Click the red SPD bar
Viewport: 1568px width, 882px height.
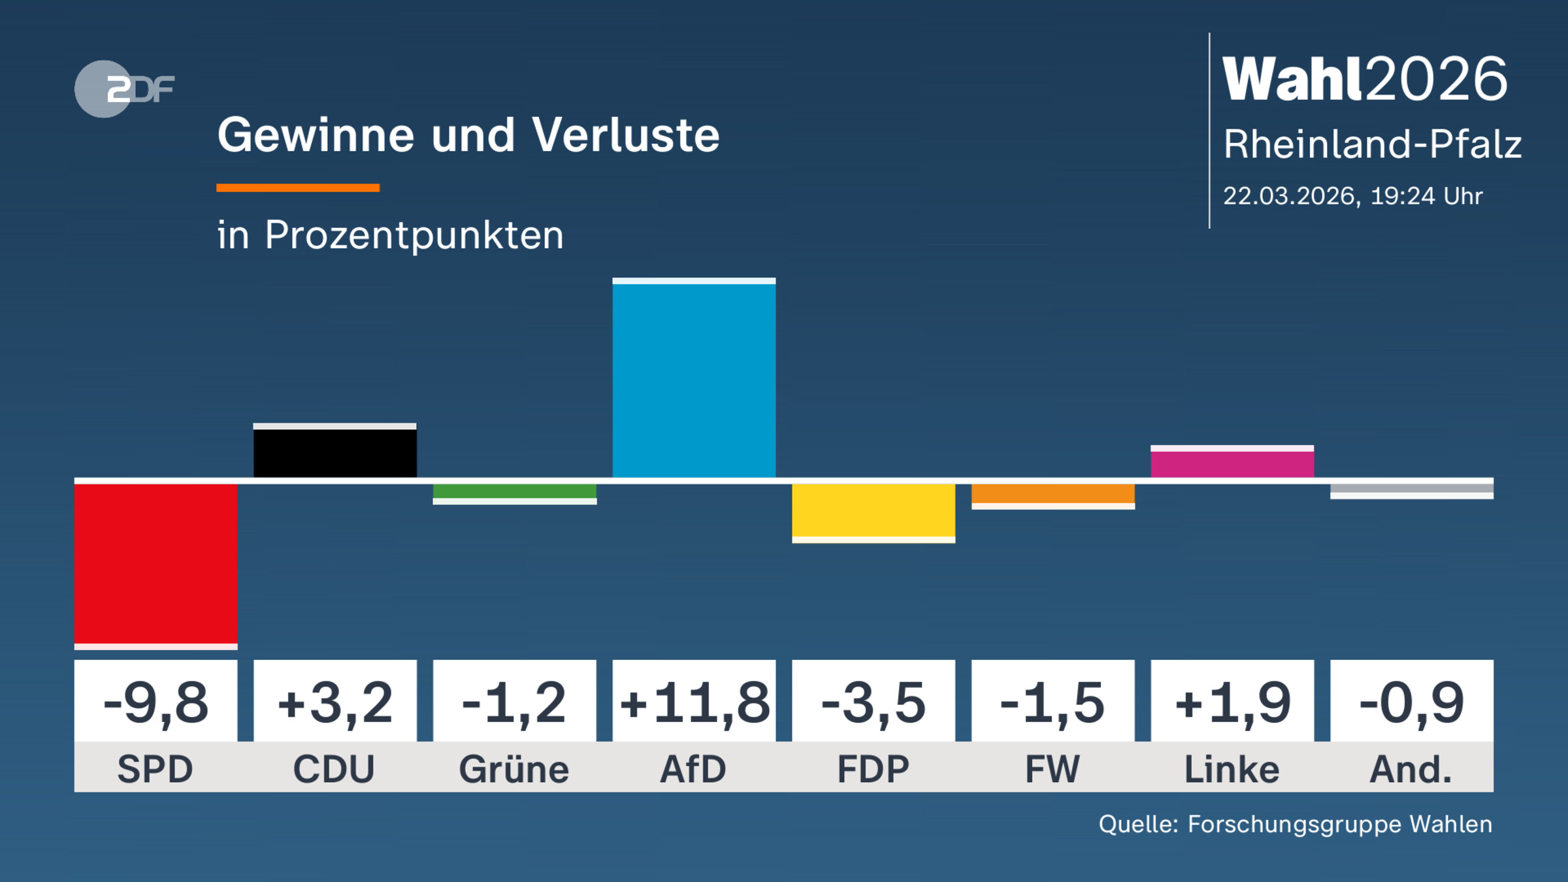155,563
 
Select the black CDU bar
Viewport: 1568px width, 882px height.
335,453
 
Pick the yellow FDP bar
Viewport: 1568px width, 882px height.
874,511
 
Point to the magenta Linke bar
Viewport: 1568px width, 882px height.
1232,464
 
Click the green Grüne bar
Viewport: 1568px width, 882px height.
515,491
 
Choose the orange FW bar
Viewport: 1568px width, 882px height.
1053,494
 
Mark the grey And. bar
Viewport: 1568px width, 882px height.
1412,489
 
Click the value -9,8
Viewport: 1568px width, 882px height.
155,703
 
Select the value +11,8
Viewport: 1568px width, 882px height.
694,703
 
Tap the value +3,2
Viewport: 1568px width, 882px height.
335,703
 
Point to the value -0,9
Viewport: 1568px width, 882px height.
1412,703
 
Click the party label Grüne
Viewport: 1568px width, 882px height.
514,769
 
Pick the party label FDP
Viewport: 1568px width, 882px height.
874,769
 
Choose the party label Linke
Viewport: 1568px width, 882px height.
1232,769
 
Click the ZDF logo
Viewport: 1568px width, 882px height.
124,89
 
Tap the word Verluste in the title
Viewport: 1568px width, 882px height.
625,135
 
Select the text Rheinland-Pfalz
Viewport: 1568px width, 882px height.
1372,144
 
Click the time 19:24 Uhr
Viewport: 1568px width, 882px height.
1426,196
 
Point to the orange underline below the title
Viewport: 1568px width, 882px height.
298,188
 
